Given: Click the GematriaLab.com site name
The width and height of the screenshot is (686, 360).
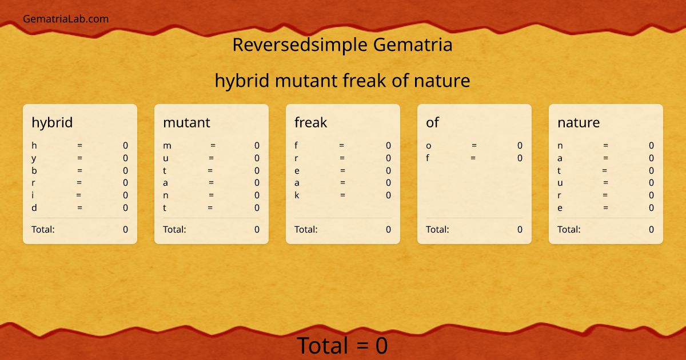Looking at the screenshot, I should point(66,19).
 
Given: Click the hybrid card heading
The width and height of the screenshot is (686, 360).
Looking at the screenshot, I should point(52,122).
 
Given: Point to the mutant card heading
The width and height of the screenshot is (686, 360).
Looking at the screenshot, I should point(186,122).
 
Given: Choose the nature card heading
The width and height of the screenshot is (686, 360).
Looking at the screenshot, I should point(579,122).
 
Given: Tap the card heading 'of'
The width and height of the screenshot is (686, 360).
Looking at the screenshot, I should point(432,122).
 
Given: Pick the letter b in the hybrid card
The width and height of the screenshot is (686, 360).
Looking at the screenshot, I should point(34,170).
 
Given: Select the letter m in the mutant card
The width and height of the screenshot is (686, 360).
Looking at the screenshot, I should point(167,146).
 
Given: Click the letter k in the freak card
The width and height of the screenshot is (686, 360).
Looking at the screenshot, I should point(297,195).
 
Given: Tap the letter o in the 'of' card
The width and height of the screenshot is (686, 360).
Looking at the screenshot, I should point(429,146).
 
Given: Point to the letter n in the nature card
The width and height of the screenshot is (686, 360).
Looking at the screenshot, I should point(560,146).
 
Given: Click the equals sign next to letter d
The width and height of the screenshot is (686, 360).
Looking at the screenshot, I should point(79,208).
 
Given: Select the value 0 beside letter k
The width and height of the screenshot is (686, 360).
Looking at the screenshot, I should point(388,195).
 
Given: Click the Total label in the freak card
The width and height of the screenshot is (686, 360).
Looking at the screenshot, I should point(306,230).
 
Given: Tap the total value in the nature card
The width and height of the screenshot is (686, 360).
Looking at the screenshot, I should point(651,230).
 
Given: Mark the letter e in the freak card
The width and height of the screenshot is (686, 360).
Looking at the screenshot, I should point(297,170).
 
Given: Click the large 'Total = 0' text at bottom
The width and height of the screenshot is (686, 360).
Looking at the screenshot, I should point(342,346).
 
